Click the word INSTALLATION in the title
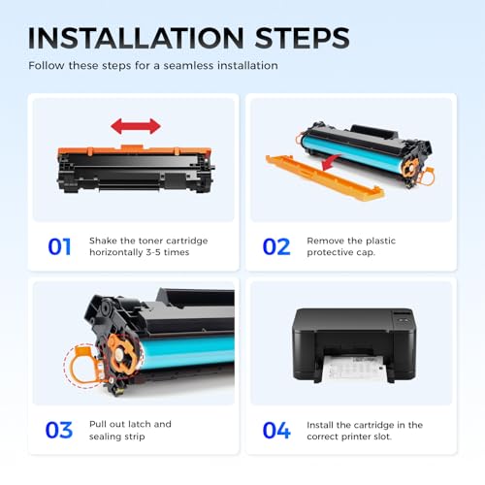tap(136, 38)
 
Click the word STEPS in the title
tap(303, 38)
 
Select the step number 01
tap(59, 246)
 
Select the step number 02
tap(276, 246)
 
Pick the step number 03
tap(59, 430)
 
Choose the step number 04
tap(276, 430)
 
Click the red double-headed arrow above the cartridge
tap(136, 126)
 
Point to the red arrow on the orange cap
tap(331, 162)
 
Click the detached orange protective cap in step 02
tap(324, 178)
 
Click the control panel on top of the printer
tap(403, 318)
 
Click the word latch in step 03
tap(139, 424)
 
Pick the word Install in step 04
tap(320, 425)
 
